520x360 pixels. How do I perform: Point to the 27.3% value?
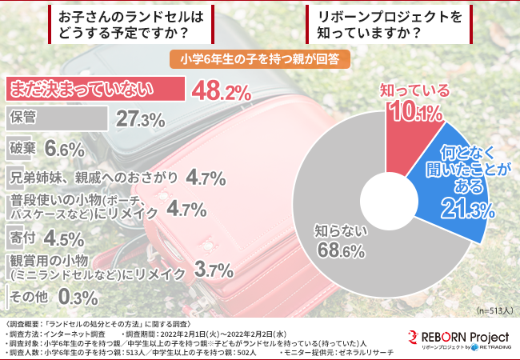coord(141,120)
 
